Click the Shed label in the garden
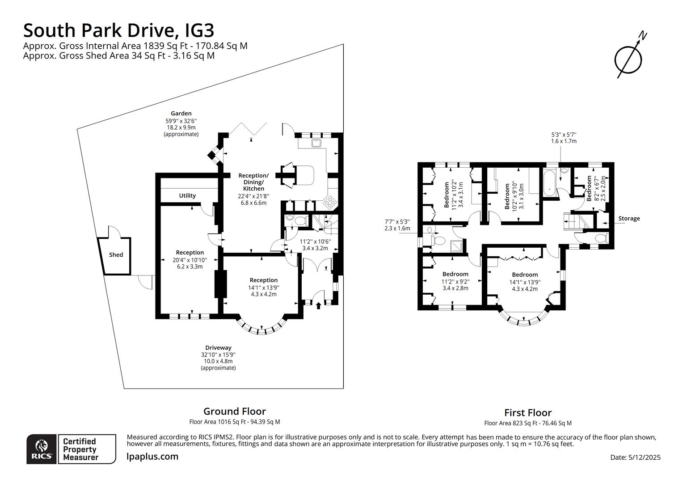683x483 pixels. tap(116, 255)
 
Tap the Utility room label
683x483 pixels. tap(187, 195)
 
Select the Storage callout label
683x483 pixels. tap(629, 219)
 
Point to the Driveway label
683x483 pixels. tap(218, 347)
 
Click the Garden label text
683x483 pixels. tap(181, 114)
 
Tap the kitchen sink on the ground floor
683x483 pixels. tap(317, 143)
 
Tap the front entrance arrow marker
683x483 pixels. tap(318, 306)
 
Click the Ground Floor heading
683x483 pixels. tap(234, 411)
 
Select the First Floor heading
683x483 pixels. tap(527, 413)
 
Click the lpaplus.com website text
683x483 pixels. tap(152, 457)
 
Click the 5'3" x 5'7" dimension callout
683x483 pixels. tap(564, 137)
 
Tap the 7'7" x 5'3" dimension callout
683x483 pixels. tap(397, 225)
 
